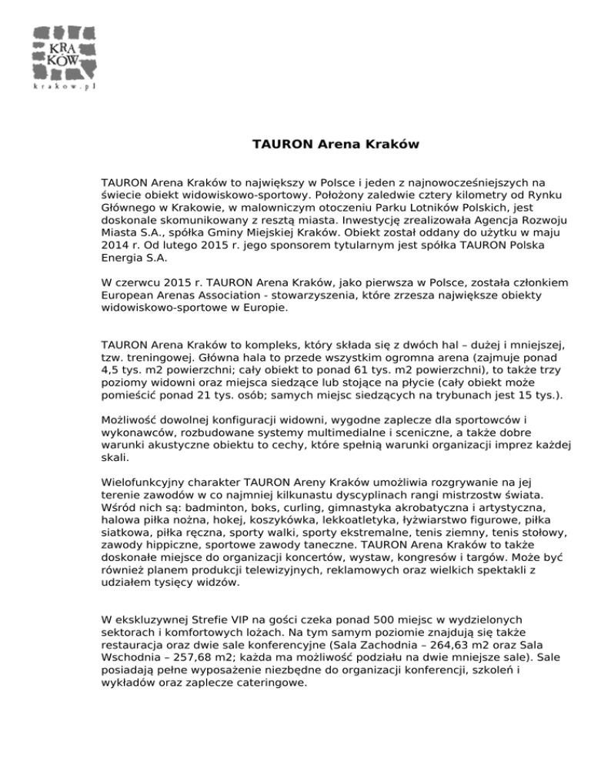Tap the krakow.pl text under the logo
click(x=64, y=88)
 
